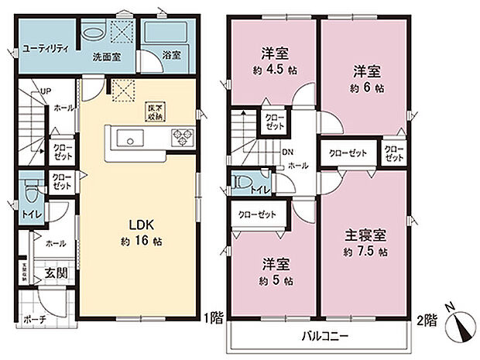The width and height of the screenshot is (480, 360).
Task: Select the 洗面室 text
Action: [x=105, y=57]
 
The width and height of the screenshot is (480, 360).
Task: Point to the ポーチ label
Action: [x=35, y=318]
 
